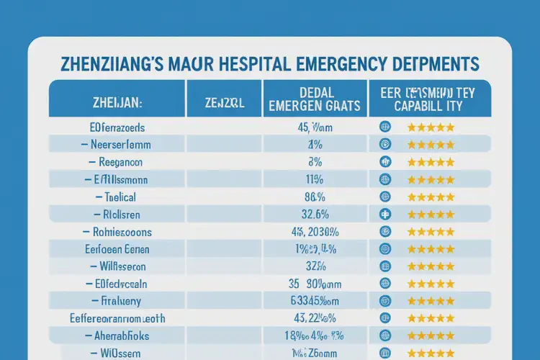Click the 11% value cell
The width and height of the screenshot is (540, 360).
coord(313,179)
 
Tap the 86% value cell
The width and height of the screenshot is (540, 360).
coord(313,197)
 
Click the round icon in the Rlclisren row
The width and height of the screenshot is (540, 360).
coord(384,214)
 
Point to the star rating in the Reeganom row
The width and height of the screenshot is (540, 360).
coord(431,162)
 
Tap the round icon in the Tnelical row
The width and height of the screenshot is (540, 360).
coord(384,197)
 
